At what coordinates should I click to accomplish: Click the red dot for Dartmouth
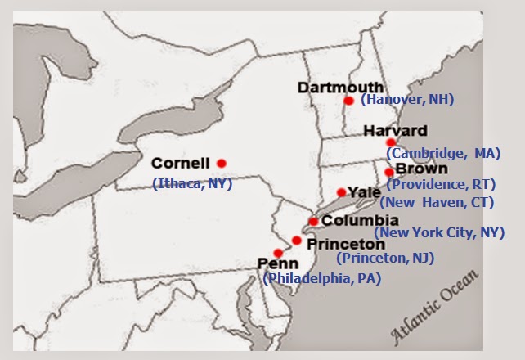click(x=348, y=101)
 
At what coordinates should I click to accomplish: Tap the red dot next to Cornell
click(x=221, y=162)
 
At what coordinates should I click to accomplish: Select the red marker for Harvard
click(x=391, y=142)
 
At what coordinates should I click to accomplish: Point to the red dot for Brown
click(x=388, y=172)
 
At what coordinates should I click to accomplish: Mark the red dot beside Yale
click(x=342, y=192)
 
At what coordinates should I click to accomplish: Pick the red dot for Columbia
click(x=313, y=221)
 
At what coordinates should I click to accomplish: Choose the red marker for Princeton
click(x=297, y=241)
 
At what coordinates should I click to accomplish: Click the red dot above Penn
click(x=278, y=253)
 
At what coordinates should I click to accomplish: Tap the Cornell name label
click(x=181, y=162)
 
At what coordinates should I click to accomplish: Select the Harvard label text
click(x=395, y=130)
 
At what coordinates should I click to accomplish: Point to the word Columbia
click(x=360, y=220)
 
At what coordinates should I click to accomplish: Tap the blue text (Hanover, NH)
click(x=406, y=100)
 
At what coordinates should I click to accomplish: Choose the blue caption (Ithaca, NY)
click(x=192, y=183)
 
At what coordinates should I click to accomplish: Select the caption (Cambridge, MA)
click(x=442, y=153)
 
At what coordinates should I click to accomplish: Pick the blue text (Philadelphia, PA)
click(x=321, y=278)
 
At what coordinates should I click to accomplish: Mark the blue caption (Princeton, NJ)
click(x=385, y=258)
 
